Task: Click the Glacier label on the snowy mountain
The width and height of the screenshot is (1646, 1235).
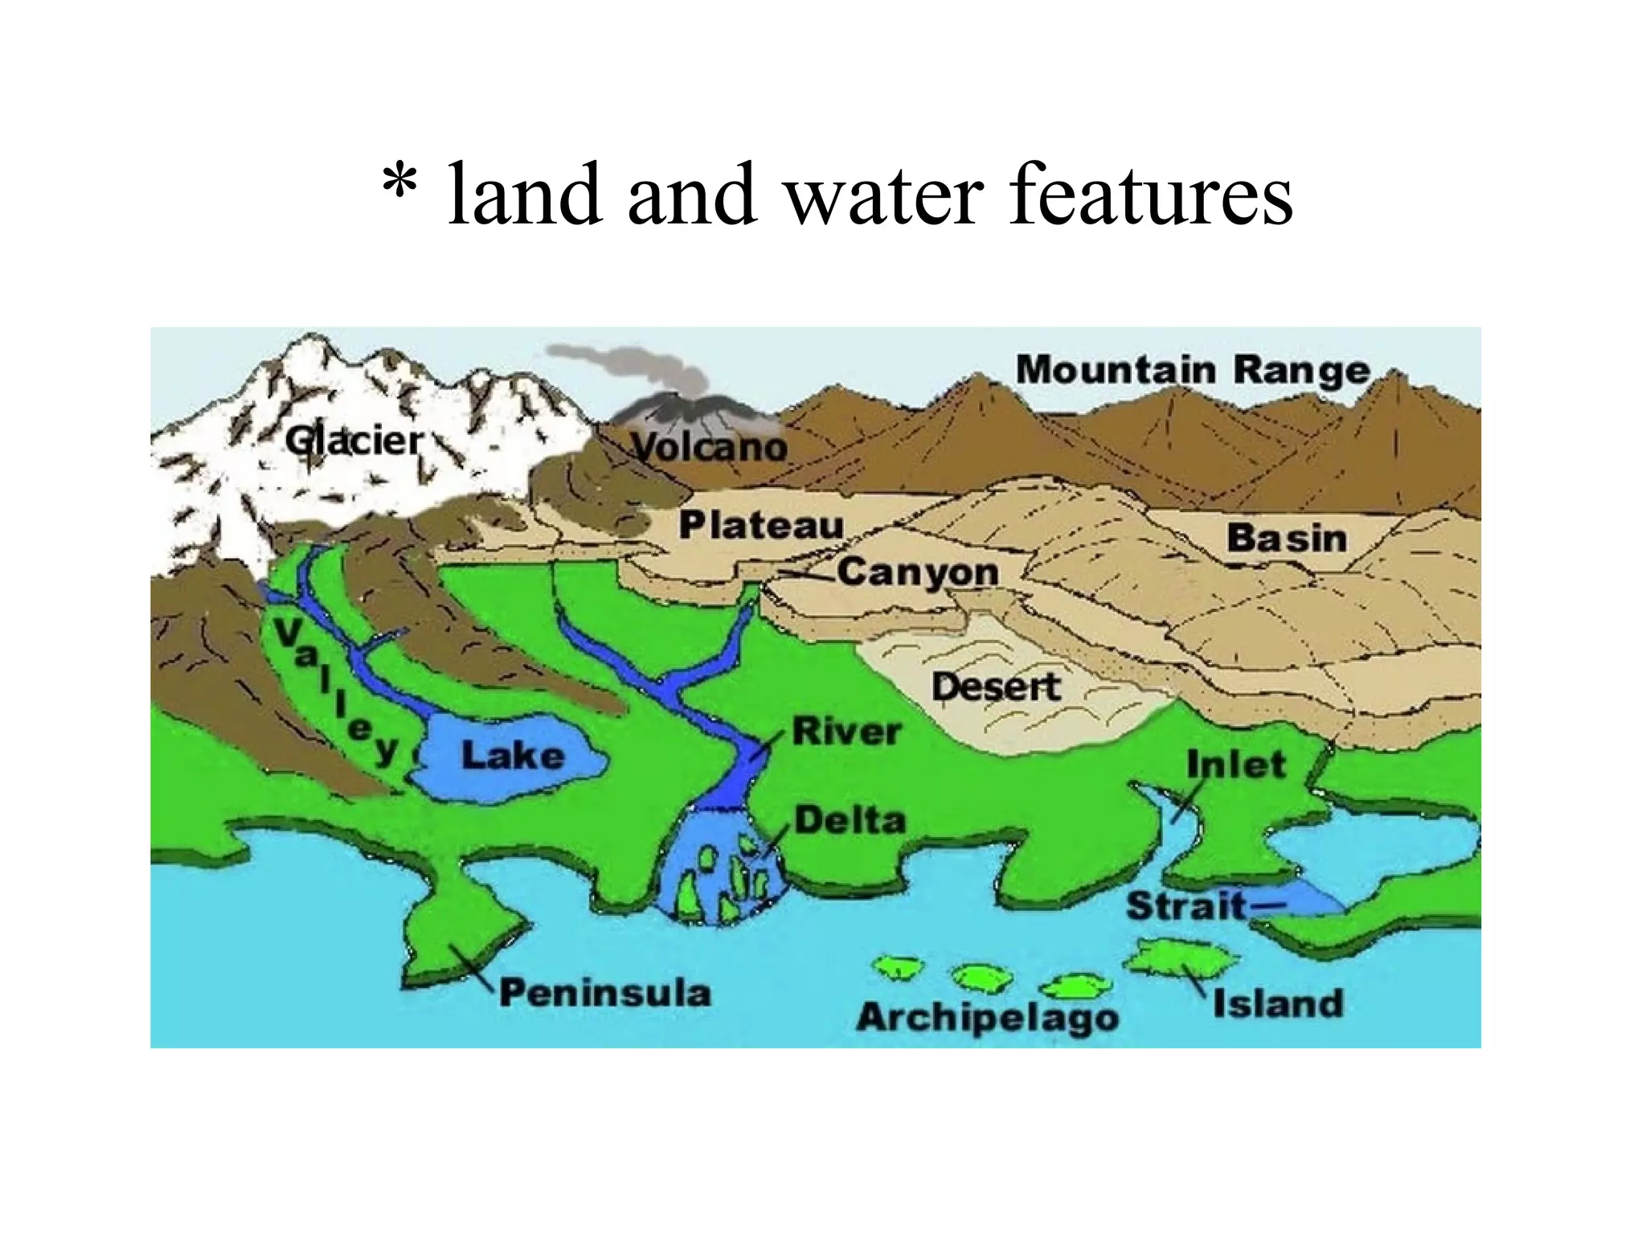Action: click(x=354, y=441)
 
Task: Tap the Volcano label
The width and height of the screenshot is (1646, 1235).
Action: click(x=709, y=447)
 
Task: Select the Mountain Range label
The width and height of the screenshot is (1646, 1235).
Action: click(x=1193, y=370)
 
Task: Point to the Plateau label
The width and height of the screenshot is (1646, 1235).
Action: click(x=761, y=525)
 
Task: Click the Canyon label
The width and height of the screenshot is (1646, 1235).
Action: click(x=918, y=572)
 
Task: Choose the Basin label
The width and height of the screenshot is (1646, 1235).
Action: click(x=1286, y=538)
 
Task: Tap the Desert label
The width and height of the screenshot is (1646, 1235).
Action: click(x=996, y=687)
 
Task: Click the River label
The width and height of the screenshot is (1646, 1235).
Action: click(x=846, y=732)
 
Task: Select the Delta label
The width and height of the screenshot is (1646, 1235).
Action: click(x=850, y=820)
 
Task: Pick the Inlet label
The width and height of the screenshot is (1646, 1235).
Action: click(x=1236, y=764)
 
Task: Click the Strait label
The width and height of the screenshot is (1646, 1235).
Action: click(x=1185, y=906)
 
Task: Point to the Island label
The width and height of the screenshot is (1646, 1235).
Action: click(x=1278, y=1003)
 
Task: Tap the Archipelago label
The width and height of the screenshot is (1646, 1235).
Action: click(x=987, y=1017)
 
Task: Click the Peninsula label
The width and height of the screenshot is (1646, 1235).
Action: click(x=605, y=992)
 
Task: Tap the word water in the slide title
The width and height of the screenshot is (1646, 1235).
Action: click(x=882, y=195)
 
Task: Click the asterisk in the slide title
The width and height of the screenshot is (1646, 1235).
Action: click(x=399, y=187)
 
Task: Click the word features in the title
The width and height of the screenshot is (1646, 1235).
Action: click(x=1150, y=195)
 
